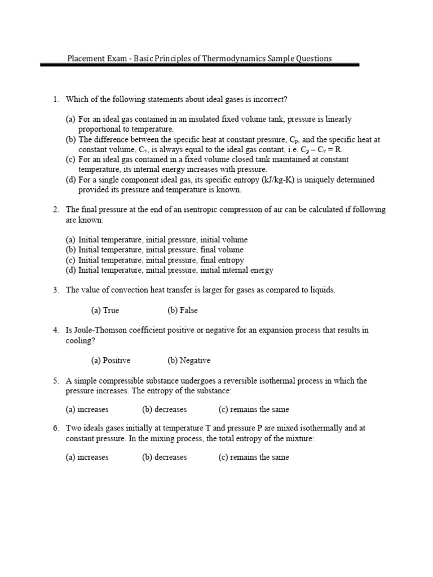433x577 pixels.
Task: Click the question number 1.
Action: (x=56, y=100)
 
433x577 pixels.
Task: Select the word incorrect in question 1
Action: (x=269, y=100)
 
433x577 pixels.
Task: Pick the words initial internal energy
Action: (x=237, y=270)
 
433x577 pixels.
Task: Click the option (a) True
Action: (x=105, y=310)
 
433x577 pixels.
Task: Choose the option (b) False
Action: (x=182, y=310)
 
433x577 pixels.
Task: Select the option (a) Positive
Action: (x=111, y=360)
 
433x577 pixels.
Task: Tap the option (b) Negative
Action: (x=188, y=360)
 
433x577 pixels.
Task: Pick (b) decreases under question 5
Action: (x=164, y=409)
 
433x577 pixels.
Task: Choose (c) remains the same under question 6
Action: (x=253, y=457)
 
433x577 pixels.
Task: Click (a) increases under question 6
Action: (x=87, y=457)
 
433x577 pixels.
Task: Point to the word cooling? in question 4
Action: (x=81, y=340)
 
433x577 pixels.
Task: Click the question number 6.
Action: (x=56, y=428)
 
